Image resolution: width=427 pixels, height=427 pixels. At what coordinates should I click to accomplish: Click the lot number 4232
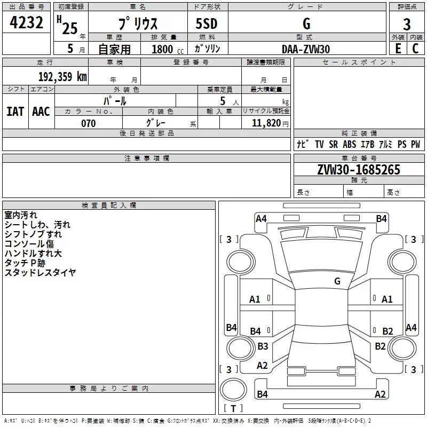click(26, 22)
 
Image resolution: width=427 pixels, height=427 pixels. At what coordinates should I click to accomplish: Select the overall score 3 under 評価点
click(407, 24)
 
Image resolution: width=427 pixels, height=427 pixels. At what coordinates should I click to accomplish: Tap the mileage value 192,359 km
click(62, 76)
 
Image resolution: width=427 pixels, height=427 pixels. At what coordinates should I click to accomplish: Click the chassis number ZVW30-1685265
click(359, 169)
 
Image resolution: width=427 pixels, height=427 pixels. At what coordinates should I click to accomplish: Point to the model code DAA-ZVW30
click(306, 49)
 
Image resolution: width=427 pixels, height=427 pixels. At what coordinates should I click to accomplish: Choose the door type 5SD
click(207, 23)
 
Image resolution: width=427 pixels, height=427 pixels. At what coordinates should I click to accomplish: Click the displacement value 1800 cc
click(168, 49)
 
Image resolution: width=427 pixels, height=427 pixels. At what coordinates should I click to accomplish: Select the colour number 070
click(89, 123)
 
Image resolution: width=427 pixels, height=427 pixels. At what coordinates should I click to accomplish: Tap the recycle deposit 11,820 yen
click(270, 123)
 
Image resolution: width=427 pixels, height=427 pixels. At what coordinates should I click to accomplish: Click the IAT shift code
click(15, 112)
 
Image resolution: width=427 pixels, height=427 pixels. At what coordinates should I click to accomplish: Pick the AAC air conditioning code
click(41, 112)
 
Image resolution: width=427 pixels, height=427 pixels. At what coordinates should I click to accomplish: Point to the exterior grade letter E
click(398, 49)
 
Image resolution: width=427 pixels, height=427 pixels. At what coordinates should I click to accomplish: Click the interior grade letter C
click(415, 49)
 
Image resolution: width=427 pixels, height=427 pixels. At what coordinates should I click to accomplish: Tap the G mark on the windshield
click(337, 281)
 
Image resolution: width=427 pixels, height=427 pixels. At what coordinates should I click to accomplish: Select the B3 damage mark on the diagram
click(263, 346)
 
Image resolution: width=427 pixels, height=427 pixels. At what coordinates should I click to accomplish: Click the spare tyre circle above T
click(233, 390)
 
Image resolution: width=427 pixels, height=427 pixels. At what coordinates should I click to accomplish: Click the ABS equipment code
click(350, 144)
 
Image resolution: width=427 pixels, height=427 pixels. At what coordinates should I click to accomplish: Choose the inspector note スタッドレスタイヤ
click(40, 272)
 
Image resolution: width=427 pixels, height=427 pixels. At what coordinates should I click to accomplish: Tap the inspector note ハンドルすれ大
click(33, 253)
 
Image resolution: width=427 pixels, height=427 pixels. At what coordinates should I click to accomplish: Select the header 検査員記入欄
click(109, 205)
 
